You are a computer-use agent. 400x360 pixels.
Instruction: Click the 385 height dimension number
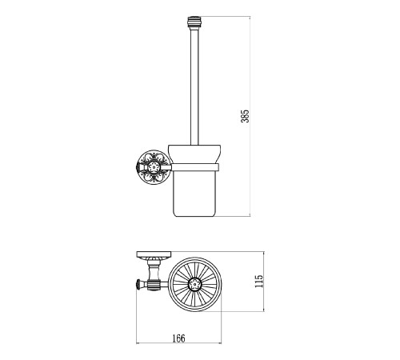245,116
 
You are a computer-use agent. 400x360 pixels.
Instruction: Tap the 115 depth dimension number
258,281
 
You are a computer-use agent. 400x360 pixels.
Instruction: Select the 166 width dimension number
178,338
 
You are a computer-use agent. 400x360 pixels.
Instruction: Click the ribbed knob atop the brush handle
194,23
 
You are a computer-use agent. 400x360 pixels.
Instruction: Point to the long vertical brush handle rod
194,87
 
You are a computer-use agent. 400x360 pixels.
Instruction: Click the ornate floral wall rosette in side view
153,167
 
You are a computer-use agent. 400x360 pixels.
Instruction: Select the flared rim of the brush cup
194,154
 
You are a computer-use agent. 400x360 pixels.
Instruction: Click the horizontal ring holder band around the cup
194,167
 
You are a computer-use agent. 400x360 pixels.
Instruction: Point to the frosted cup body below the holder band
194,194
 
